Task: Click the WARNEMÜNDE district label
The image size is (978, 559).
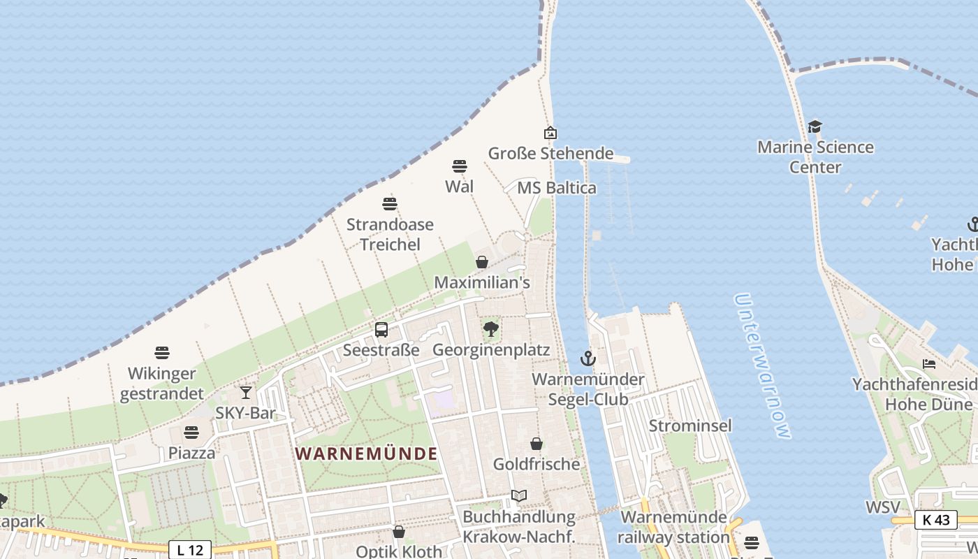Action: pos(366,453)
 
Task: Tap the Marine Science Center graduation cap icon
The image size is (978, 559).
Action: pos(815,126)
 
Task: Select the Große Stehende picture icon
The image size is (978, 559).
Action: pos(550,133)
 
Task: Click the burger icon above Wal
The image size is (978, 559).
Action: pos(459,166)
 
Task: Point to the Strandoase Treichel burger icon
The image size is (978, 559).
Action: pos(390,204)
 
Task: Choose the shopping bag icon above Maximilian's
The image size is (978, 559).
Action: pos(482,262)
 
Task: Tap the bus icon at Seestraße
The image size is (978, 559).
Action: pos(381,330)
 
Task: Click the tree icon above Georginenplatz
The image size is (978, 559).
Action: pos(491,328)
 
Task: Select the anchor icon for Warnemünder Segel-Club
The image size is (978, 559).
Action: pos(588,359)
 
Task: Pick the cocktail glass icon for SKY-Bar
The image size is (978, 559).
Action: pos(245,393)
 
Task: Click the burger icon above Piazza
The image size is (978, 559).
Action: pos(191,433)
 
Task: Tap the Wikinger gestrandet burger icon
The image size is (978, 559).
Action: pos(162,353)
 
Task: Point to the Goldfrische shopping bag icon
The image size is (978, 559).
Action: pos(537,444)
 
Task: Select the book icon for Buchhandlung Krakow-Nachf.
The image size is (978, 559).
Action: pos(518,496)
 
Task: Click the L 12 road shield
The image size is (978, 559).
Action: pos(190,550)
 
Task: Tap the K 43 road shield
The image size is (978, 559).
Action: pos(935,520)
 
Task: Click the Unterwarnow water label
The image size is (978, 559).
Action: pos(763,366)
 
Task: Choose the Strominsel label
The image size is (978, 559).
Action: pos(690,426)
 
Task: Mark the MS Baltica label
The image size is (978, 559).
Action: pos(557,188)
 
